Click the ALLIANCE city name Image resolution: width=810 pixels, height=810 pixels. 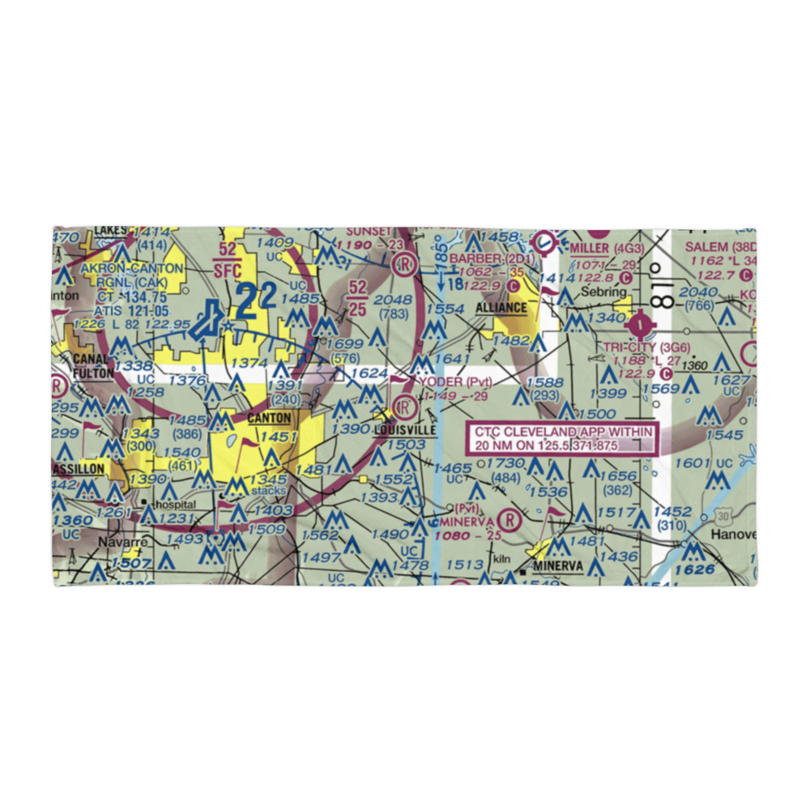[501, 309]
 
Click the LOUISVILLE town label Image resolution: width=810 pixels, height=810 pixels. [405, 430]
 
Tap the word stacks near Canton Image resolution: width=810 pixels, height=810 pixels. [268, 491]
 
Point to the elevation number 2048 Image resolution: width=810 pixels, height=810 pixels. [394, 300]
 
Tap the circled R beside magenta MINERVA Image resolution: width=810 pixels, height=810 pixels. [509, 518]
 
